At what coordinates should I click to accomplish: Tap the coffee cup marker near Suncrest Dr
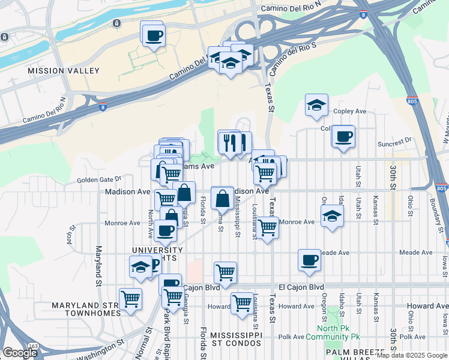click(x=343, y=137)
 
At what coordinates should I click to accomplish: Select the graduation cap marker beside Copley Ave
click(x=316, y=106)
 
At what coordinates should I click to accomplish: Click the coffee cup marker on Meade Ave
click(x=310, y=260)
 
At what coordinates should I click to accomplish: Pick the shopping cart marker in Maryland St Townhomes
click(x=130, y=299)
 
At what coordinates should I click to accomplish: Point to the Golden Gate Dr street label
click(x=99, y=179)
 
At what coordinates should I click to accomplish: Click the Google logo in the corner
click(x=20, y=353)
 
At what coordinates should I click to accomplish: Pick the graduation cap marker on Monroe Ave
click(x=332, y=217)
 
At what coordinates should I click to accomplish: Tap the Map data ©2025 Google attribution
click(x=412, y=356)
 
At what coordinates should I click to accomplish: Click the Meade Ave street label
click(x=335, y=253)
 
